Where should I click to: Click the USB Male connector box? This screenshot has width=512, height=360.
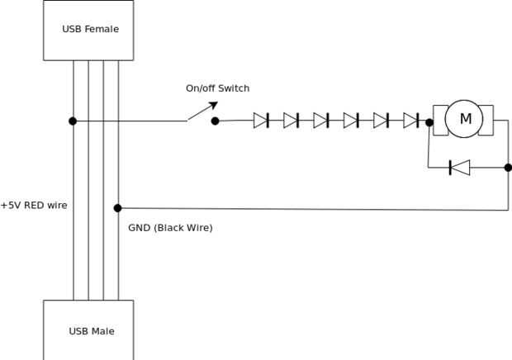coord(90,330)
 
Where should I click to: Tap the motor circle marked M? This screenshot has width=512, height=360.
coord(465,119)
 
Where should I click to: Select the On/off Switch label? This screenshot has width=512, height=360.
coord(217,88)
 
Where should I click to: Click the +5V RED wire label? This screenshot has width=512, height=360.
coord(34,205)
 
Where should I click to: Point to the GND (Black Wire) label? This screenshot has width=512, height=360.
coord(170,227)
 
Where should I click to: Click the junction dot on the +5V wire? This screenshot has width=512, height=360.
coord(73,121)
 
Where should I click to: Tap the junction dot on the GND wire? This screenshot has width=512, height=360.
coord(117,208)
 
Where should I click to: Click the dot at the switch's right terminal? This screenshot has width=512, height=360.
coord(215,121)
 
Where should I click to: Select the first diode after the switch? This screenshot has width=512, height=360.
coord(261,121)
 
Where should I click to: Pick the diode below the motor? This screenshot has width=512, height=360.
coord(459,168)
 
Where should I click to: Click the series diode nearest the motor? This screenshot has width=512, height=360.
coord(411,121)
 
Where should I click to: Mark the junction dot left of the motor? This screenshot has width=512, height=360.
coord(429,122)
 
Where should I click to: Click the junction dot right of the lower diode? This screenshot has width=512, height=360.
coord(507,168)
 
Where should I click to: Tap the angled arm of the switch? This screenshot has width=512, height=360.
coord(201,111)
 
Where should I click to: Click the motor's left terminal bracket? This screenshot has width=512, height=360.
coord(439,119)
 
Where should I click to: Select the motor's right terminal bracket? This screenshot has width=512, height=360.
coord(487,119)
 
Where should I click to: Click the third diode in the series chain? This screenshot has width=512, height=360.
coord(321,121)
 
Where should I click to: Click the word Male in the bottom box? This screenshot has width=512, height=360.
coord(102,331)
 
